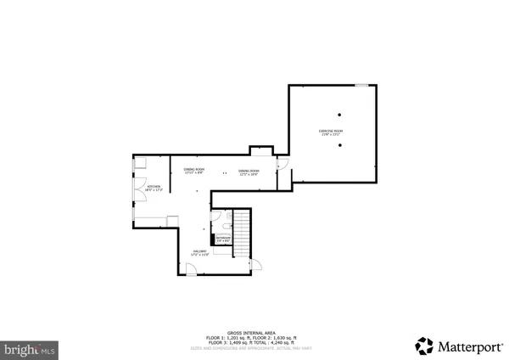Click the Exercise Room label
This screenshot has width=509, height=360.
pyautogui.click(x=329, y=132)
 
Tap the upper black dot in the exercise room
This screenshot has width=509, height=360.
pyautogui.click(x=339, y=115)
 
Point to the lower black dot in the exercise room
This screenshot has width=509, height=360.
pyautogui.click(x=339, y=145)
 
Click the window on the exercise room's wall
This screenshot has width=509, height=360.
pyautogui.click(x=361, y=84)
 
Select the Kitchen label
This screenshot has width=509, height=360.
pyautogui.click(x=154, y=188)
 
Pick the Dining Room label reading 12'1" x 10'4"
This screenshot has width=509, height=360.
pyautogui.click(x=249, y=173)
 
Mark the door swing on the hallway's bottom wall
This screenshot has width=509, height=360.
pyautogui.click(x=193, y=269)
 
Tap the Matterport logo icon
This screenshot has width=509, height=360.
pyautogui.click(x=423, y=345)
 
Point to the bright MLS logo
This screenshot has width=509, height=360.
pyautogui.click(x=31, y=349)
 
